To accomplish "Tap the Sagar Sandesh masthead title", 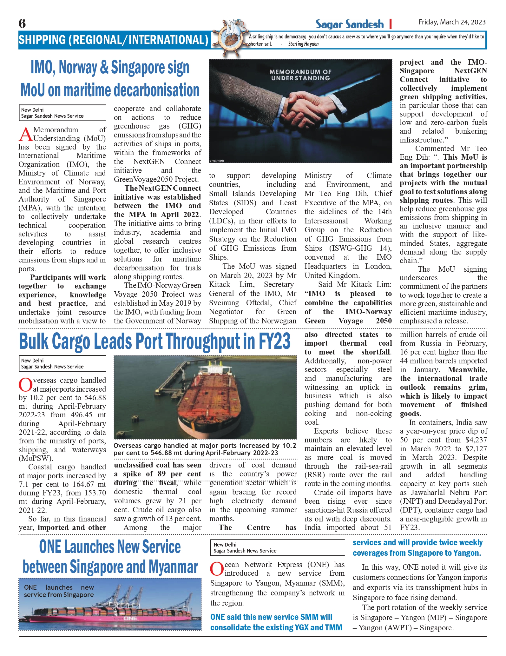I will point(349,24).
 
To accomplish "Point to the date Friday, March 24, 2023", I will point(452,22).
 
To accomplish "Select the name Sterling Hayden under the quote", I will point(303,44).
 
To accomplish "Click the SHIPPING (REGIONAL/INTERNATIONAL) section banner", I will point(113,40).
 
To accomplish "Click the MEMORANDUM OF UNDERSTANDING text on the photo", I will point(300,75).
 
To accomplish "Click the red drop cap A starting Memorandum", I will point(25,134).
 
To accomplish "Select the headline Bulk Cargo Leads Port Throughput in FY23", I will point(154,341).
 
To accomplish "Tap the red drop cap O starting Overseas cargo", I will point(25,385).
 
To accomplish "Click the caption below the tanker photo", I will point(205,449).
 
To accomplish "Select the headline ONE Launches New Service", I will point(110,557).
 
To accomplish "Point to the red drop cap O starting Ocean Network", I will point(217,569).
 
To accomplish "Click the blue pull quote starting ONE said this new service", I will point(276,622).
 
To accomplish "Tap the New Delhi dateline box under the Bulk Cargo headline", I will point(62,363).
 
